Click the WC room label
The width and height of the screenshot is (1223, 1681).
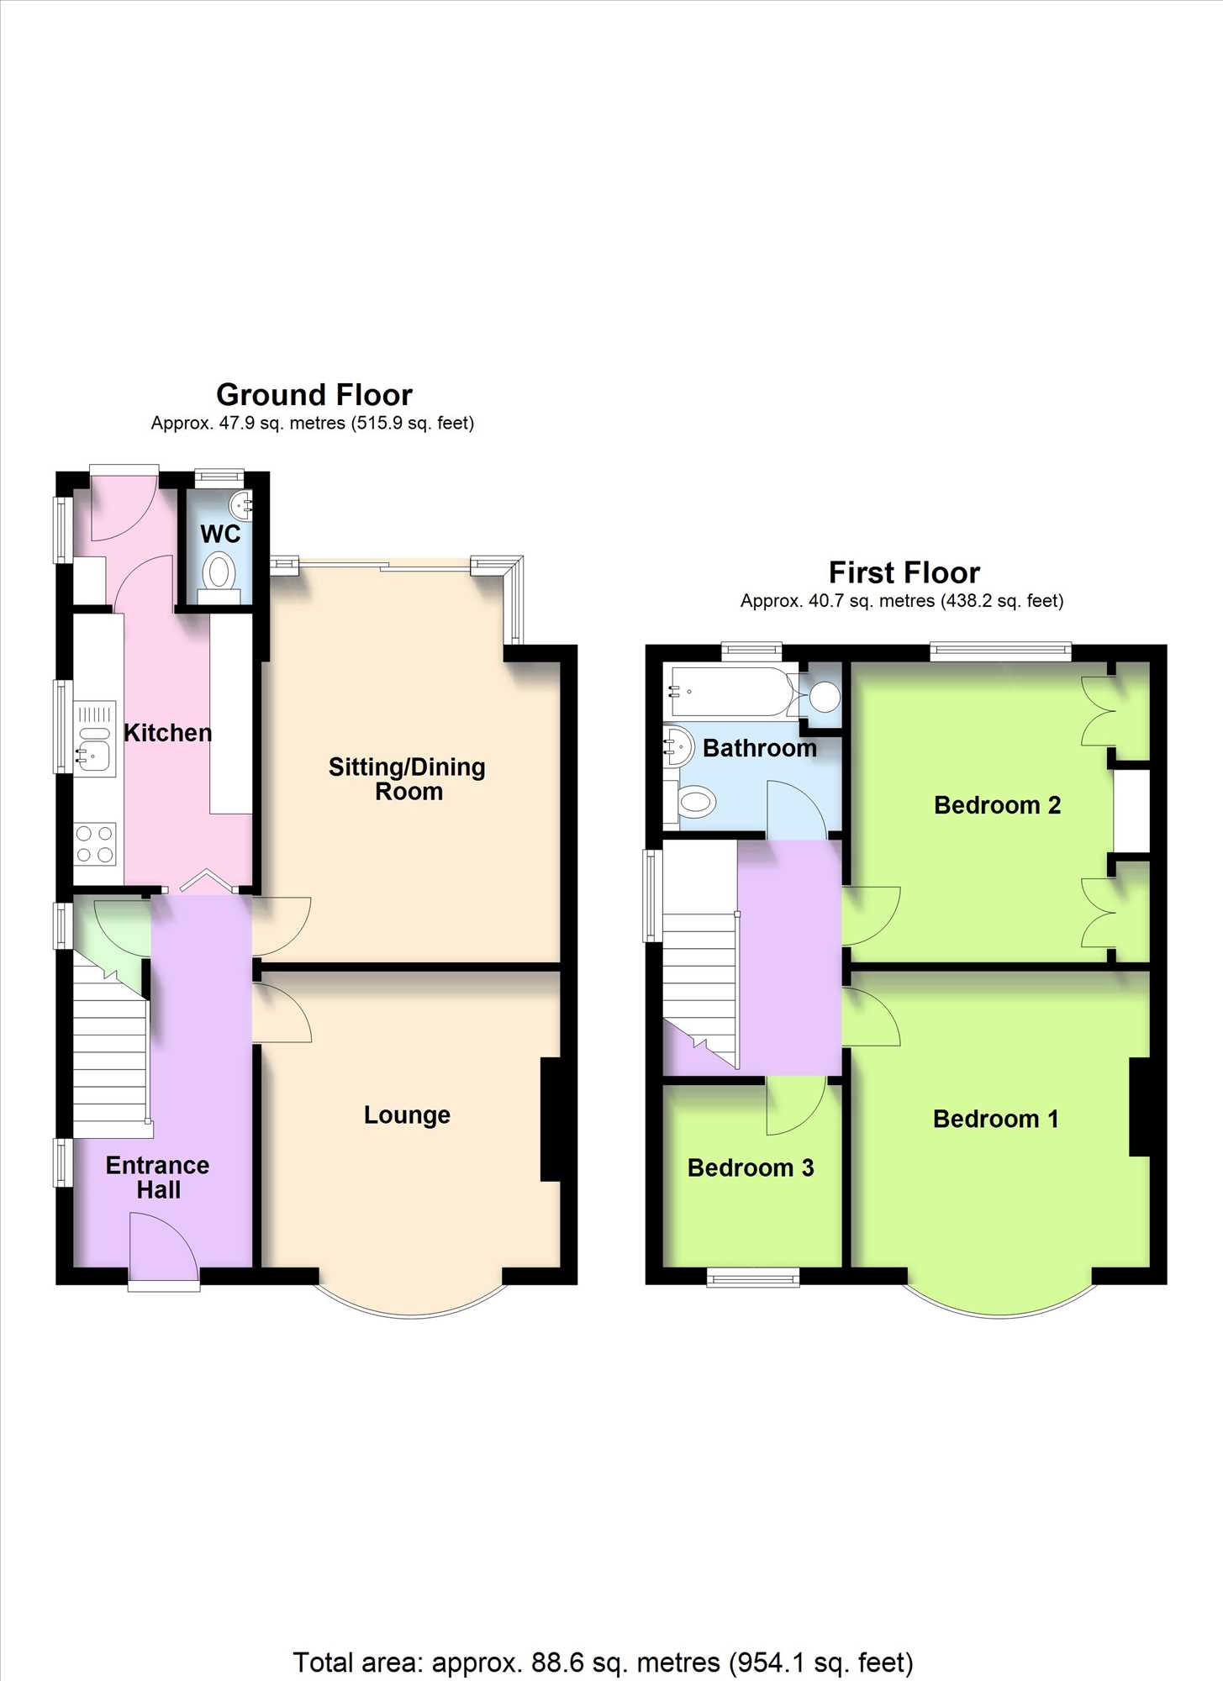(220, 534)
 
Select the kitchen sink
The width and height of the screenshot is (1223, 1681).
(94, 740)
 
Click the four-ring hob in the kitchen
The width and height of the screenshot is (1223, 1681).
(95, 844)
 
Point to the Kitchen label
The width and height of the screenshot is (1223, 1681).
(167, 733)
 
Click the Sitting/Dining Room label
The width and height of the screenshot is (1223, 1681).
(408, 779)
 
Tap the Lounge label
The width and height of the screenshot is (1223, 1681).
(407, 1115)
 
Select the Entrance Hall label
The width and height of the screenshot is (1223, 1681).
(158, 1178)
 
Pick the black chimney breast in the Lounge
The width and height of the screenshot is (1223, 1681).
(551, 1120)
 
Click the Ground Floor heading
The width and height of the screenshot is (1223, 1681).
(314, 394)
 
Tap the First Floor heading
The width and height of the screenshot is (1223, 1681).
(904, 572)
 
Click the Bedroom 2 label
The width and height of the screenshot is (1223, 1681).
(997, 805)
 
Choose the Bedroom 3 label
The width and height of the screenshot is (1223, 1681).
(751, 1167)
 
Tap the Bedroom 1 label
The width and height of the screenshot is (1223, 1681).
(996, 1119)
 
